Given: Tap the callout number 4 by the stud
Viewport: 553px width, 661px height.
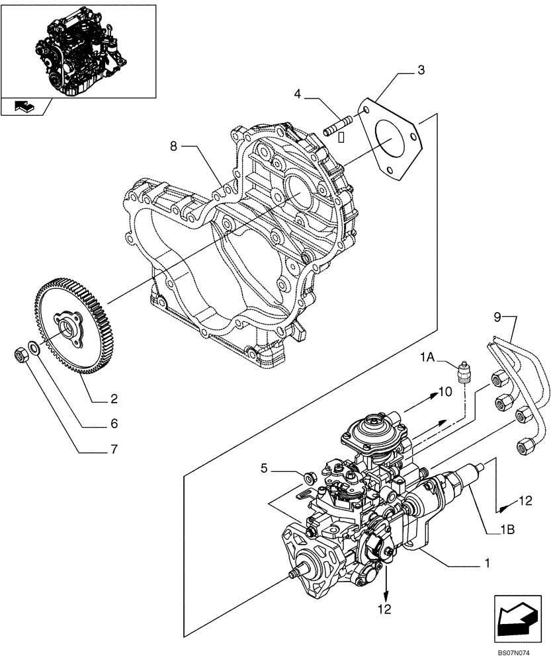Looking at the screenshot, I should [x=298, y=95].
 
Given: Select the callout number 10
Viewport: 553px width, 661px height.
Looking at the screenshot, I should [x=445, y=393].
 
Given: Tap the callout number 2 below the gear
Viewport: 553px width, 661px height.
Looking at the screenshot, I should [x=114, y=399].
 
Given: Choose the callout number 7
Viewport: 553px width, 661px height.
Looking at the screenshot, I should [x=114, y=450].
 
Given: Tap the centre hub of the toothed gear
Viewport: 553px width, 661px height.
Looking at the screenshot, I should [x=67, y=328].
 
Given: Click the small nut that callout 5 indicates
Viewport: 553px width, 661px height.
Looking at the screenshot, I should [x=308, y=476].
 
